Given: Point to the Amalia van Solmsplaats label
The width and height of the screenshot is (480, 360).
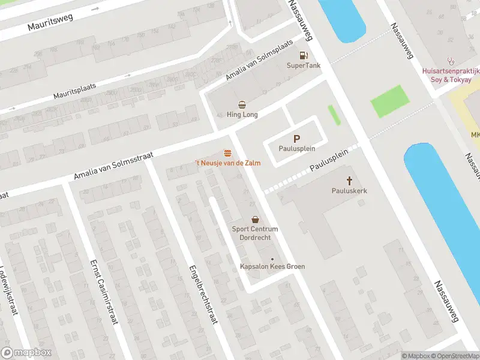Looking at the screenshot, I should tap(259, 61).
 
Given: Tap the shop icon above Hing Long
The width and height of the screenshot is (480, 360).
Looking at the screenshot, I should tap(242, 104).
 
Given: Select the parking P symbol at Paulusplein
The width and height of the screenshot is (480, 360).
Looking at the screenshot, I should tap(296, 139).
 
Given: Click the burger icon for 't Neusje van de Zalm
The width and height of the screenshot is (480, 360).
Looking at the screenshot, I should tap(227, 153).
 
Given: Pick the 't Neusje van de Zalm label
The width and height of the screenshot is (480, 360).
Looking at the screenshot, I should tap(227, 163).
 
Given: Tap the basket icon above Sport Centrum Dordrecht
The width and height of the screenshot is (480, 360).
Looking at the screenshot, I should tap(255, 220).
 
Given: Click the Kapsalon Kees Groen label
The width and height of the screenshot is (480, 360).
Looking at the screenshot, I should tap(272, 266).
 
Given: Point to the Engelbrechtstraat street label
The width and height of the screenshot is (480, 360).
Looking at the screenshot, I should tap(202, 293).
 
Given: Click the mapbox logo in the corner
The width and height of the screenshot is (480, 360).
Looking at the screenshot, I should tap(26, 353).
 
